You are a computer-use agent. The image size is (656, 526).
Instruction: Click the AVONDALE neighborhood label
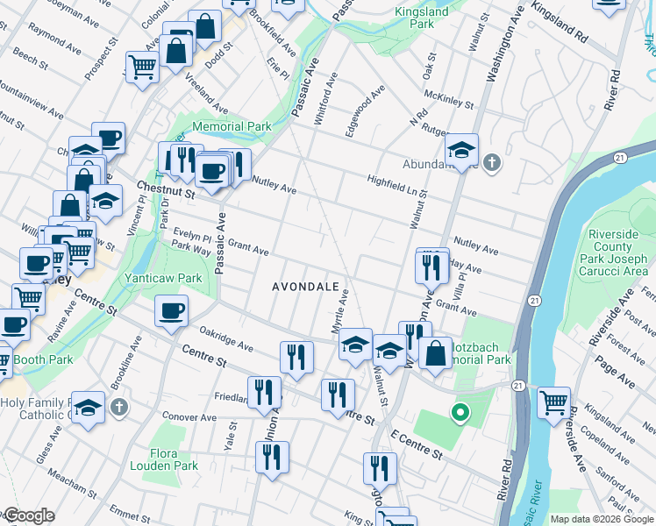(305, 287)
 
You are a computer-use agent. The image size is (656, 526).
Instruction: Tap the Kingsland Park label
(421, 18)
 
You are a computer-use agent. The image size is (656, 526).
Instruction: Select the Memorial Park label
(232, 127)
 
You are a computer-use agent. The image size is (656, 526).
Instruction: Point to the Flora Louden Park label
(163, 460)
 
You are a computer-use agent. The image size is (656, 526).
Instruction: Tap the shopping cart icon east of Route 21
(553, 403)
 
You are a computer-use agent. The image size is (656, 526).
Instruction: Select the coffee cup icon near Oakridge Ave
(171, 311)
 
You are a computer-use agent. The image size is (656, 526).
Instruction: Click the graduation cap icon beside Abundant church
(460, 149)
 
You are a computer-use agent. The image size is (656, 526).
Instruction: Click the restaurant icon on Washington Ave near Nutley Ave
(431, 266)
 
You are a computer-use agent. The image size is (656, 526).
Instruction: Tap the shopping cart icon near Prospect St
(141, 67)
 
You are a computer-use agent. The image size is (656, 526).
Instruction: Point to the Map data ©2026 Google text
(602, 519)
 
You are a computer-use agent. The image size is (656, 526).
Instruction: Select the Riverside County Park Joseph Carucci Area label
(619, 253)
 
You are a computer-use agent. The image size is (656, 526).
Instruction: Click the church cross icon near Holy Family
(120, 408)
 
